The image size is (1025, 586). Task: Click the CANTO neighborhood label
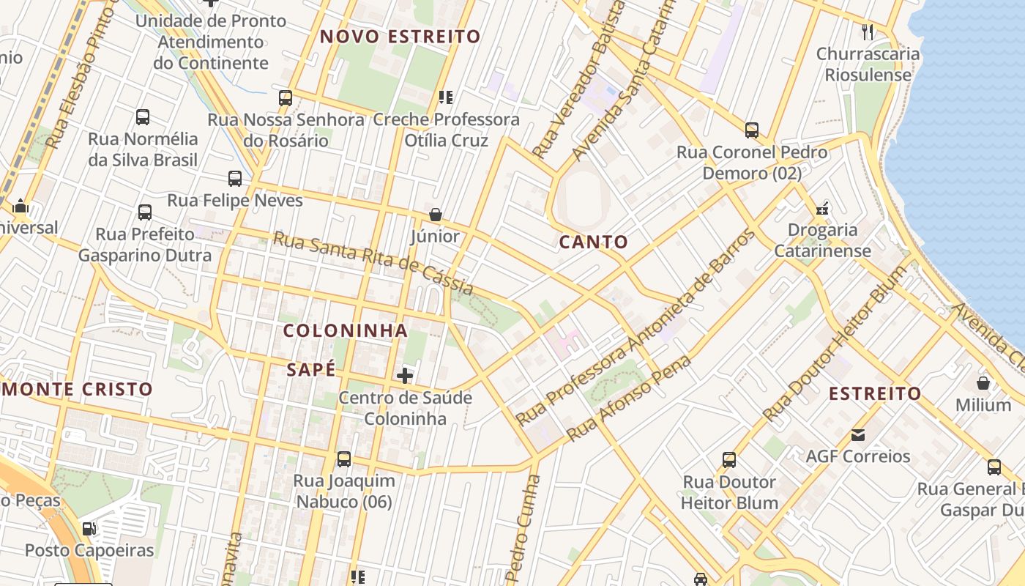(x=593, y=242)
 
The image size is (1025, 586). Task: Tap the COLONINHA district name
(x=346, y=330)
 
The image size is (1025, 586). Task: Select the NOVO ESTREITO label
(x=400, y=37)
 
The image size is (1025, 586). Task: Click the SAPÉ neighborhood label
(x=311, y=370)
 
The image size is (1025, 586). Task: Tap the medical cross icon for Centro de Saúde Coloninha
(x=405, y=377)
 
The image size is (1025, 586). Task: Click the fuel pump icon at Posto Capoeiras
(x=89, y=528)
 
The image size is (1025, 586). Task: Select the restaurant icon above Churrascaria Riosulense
(x=868, y=32)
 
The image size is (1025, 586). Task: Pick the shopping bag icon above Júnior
(x=436, y=215)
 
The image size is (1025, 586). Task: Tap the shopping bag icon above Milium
(x=983, y=383)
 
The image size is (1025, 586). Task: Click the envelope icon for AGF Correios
(x=858, y=435)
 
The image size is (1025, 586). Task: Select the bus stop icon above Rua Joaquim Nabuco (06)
(x=344, y=459)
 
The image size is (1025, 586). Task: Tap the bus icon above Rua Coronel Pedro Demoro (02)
(x=752, y=130)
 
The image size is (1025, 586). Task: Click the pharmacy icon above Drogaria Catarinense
(x=821, y=209)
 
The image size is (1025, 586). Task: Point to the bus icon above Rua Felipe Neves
(x=235, y=178)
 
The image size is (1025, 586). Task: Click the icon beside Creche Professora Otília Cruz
(x=446, y=97)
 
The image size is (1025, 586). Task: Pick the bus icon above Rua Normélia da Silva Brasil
(x=143, y=116)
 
